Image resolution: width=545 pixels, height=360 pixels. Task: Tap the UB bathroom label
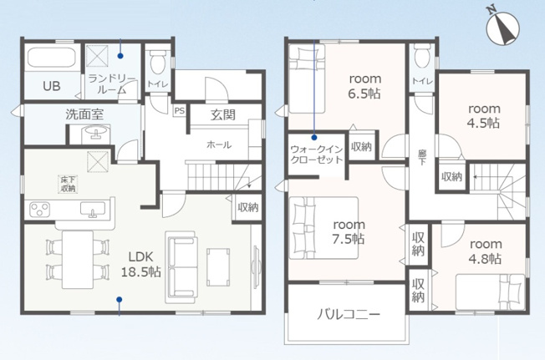[52, 86]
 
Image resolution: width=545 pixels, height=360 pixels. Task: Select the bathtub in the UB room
[52, 58]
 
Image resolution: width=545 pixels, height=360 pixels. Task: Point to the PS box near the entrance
[180, 111]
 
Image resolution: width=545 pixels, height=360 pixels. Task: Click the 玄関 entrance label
[223, 114]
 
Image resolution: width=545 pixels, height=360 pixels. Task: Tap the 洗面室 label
[84, 114]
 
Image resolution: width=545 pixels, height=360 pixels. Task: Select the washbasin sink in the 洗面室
[94, 134]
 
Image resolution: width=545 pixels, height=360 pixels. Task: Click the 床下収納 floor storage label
[68, 184]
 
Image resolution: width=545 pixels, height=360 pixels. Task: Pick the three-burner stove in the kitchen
[39, 210]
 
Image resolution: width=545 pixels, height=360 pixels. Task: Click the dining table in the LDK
[78, 260]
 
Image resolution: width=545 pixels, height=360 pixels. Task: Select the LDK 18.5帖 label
[140, 264]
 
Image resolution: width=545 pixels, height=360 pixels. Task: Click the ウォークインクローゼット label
[316, 155]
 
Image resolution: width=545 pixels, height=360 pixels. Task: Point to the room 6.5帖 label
[364, 86]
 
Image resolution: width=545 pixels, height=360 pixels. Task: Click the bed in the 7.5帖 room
[323, 228]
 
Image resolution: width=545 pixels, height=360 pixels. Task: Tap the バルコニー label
[349, 315]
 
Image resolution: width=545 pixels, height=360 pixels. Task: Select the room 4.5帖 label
[484, 115]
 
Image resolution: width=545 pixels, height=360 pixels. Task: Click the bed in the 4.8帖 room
[490, 292]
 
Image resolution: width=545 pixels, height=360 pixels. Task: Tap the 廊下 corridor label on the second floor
[422, 157]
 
